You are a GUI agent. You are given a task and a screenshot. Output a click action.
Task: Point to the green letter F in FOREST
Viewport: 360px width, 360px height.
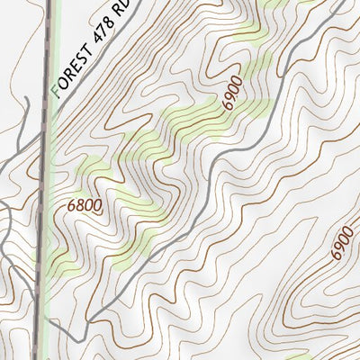[x=58, y=90]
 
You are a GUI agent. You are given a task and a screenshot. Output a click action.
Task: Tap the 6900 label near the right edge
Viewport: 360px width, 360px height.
[x=342, y=241]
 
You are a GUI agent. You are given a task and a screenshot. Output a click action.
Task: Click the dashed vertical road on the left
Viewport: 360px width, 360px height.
[x=41, y=225]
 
